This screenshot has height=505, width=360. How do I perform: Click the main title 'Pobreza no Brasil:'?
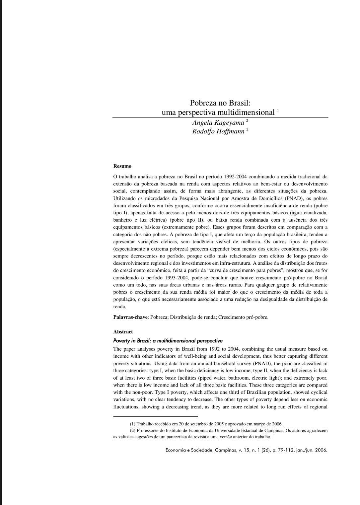217,103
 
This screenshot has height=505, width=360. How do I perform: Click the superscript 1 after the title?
278,110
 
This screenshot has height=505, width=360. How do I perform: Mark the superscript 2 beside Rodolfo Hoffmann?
247,129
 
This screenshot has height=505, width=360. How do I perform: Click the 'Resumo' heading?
122,166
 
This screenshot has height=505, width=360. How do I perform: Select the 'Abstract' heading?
123,331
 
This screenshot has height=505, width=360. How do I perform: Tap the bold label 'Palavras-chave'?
130,317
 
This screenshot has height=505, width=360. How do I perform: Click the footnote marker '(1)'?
133,424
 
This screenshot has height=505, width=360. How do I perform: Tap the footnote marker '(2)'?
133,431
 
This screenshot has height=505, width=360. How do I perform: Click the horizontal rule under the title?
220,117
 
